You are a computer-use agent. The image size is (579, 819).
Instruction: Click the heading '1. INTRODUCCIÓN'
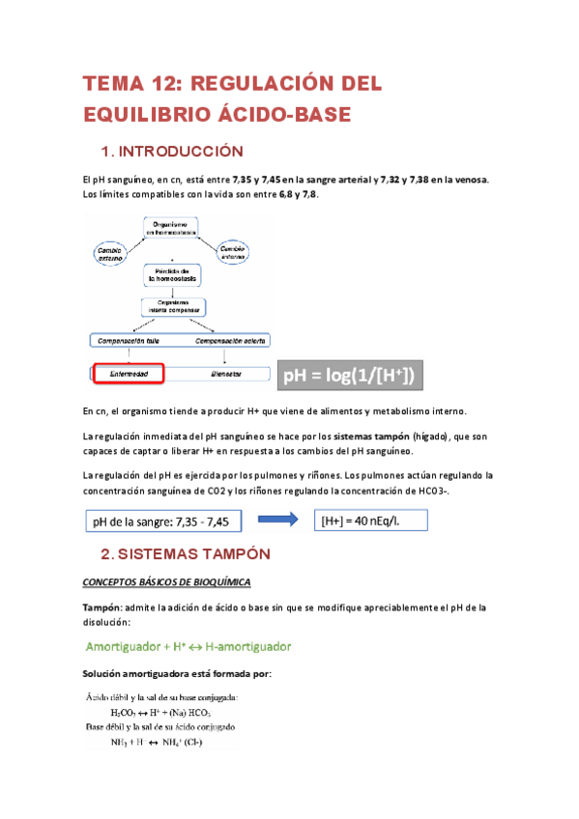point(172,152)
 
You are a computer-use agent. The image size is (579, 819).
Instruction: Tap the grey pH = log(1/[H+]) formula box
point(354,375)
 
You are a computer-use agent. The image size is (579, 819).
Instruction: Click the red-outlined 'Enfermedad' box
point(129,374)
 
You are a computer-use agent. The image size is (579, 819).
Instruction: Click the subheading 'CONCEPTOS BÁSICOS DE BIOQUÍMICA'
point(166,582)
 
